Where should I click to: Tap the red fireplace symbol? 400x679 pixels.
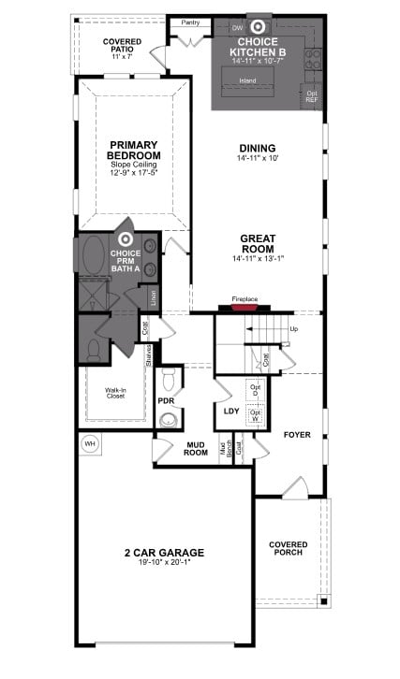click(x=244, y=306)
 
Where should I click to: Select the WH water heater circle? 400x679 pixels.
click(x=91, y=443)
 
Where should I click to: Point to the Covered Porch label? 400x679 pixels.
click(x=289, y=549)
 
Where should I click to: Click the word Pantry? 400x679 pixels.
click(x=190, y=21)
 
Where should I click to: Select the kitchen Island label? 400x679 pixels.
click(x=247, y=81)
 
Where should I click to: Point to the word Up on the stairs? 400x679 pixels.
click(x=294, y=329)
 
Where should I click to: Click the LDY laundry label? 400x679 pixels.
click(x=229, y=410)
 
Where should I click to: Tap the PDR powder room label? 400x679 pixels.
click(x=166, y=400)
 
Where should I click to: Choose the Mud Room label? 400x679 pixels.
click(x=196, y=448)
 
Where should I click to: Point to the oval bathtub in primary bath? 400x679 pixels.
click(x=96, y=257)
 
